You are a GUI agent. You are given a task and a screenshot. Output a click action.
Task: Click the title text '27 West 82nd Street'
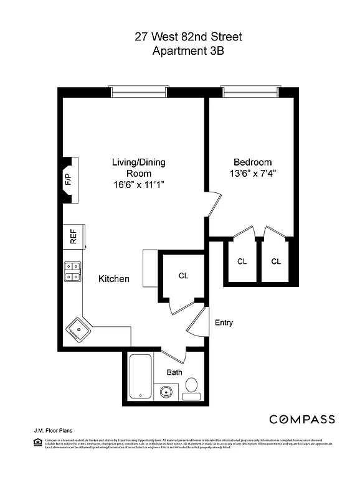point(188,37)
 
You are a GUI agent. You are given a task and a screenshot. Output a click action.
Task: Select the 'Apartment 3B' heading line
point(188,52)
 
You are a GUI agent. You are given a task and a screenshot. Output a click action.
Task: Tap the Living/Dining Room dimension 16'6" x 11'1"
point(138,185)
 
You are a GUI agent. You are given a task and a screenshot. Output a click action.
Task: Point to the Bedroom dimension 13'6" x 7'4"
point(252,173)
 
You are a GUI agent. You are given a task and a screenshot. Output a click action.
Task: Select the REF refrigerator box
point(73,237)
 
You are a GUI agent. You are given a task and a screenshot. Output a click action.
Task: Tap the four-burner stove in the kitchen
point(72,271)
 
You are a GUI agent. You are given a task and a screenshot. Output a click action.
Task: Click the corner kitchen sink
point(78,328)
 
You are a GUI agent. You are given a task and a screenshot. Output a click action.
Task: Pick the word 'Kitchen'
point(114,279)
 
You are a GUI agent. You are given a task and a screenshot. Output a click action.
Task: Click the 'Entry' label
point(224,322)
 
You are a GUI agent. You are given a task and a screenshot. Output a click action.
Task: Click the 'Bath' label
point(174,372)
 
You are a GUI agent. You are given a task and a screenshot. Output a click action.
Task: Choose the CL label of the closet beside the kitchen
point(183,275)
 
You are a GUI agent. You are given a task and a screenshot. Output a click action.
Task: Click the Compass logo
point(301,419)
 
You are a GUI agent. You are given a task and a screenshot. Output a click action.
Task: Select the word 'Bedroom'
point(252,161)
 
